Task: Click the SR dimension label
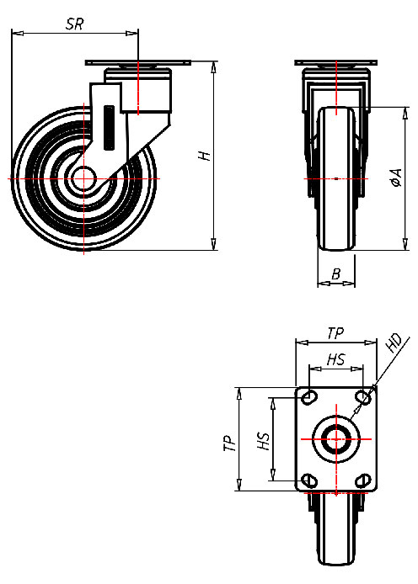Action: (74, 24)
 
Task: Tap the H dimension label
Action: (201, 156)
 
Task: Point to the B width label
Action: (335, 273)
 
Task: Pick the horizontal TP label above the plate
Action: (335, 334)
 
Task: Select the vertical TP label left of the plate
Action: (229, 443)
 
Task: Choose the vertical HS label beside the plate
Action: (263, 440)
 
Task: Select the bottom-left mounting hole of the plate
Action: (309, 480)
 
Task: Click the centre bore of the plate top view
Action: (335, 438)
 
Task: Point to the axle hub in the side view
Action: (83, 179)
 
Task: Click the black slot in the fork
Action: (108, 126)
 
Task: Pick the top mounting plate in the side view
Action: (138, 65)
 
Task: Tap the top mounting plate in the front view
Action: (335, 65)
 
